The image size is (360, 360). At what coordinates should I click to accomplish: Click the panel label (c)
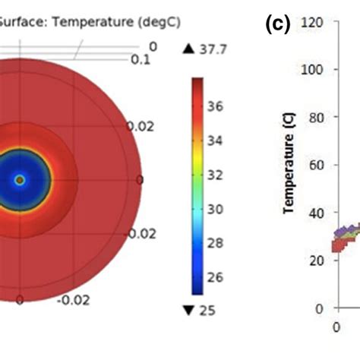coord(277,24)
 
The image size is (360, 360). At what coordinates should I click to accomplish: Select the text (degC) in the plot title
coord(156,23)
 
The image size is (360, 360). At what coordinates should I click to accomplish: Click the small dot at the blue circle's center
coord(20,180)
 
